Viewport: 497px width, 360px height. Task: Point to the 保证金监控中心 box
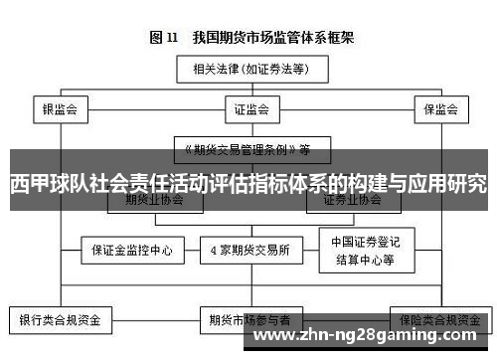tap(126, 250)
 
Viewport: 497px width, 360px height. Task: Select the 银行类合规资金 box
tap(60, 320)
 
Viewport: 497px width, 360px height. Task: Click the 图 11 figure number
tap(164, 39)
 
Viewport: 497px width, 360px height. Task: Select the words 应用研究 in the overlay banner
tap(447, 186)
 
